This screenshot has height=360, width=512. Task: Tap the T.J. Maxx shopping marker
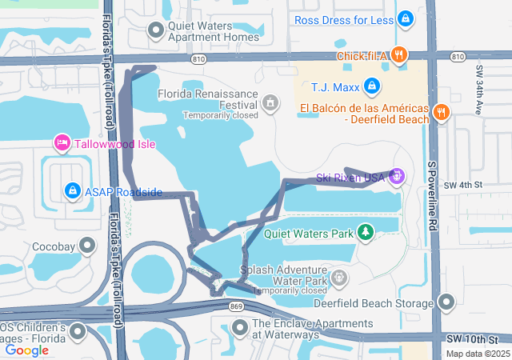372,86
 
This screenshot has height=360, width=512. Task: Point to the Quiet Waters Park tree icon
366,232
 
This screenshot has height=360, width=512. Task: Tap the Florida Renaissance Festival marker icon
270,102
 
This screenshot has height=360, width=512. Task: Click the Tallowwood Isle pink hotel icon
62,143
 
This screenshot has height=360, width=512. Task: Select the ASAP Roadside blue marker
73,190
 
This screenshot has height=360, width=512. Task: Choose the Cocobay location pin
85,247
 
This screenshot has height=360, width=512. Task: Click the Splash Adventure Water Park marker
339,278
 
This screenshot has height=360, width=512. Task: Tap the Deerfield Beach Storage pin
446,302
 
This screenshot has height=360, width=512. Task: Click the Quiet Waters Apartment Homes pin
156,30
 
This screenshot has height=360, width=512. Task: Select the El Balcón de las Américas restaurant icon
441,113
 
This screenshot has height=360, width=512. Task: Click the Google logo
27,350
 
